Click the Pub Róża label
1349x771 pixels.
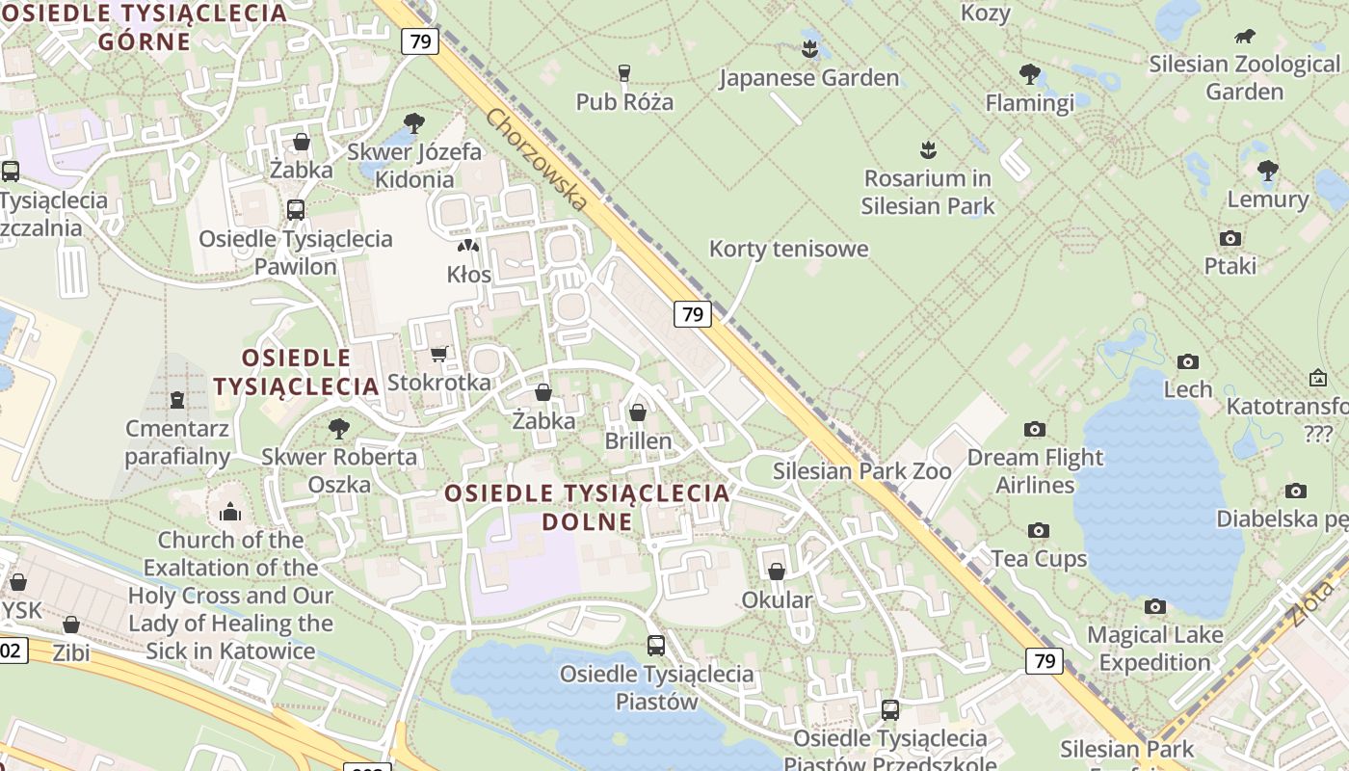click(624, 101)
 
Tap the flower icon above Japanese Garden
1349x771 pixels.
click(809, 48)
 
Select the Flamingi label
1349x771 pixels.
click(1029, 102)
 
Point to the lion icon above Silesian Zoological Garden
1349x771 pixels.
click(1245, 38)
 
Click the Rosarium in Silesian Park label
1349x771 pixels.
click(927, 192)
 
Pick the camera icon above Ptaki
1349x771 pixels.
click(1230, 238)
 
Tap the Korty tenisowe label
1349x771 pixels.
click(788, 249)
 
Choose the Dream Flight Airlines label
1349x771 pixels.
click(1035, 470)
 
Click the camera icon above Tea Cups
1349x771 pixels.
click(1038, 530)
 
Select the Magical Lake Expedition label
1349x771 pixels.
click(1154, 649)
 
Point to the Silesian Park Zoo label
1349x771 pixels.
click(861, 471)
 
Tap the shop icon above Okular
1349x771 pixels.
click(777, 572)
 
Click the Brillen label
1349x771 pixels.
click(638, 440)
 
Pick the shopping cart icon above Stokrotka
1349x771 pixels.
click(438, 354)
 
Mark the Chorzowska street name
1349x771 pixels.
click(536, 159)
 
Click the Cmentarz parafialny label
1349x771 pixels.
click(177, 442)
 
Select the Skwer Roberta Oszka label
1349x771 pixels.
click(339, 470)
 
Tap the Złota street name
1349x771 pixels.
click(1318, 601)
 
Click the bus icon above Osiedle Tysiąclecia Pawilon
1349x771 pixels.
click(296, 209)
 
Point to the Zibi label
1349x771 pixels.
click(71, 652)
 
